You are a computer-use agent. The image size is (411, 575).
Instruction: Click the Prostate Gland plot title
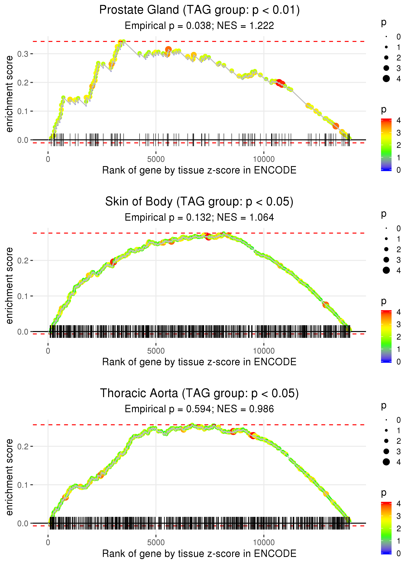tap(199, 10)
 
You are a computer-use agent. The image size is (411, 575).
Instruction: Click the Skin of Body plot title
tap(199, 202)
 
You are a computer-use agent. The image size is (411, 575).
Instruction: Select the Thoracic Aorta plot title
tap(199, 393)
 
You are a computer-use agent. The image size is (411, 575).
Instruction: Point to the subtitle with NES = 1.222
tap(199, 25)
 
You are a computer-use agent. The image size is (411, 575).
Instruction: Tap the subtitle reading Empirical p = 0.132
tap(199, 217)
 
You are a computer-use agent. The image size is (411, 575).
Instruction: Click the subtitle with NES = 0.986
tap(199, 409)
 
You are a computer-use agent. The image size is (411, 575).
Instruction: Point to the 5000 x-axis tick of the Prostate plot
tap(156, 159)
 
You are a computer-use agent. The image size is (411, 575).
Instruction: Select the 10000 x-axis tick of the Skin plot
tap(264, 351)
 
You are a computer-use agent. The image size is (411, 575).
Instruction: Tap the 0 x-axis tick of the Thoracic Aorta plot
tap(48, 542)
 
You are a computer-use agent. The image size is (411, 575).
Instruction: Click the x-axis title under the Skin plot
tap(199, 362)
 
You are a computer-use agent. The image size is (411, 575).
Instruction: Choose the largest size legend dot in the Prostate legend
tap(386, 79)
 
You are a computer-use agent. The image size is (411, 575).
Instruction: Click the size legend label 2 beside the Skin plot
tap(399, 250)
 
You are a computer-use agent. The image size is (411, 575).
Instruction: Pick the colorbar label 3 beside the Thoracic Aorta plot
tap(399, 516)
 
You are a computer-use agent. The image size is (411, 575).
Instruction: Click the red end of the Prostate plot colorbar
tap(386, 120)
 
